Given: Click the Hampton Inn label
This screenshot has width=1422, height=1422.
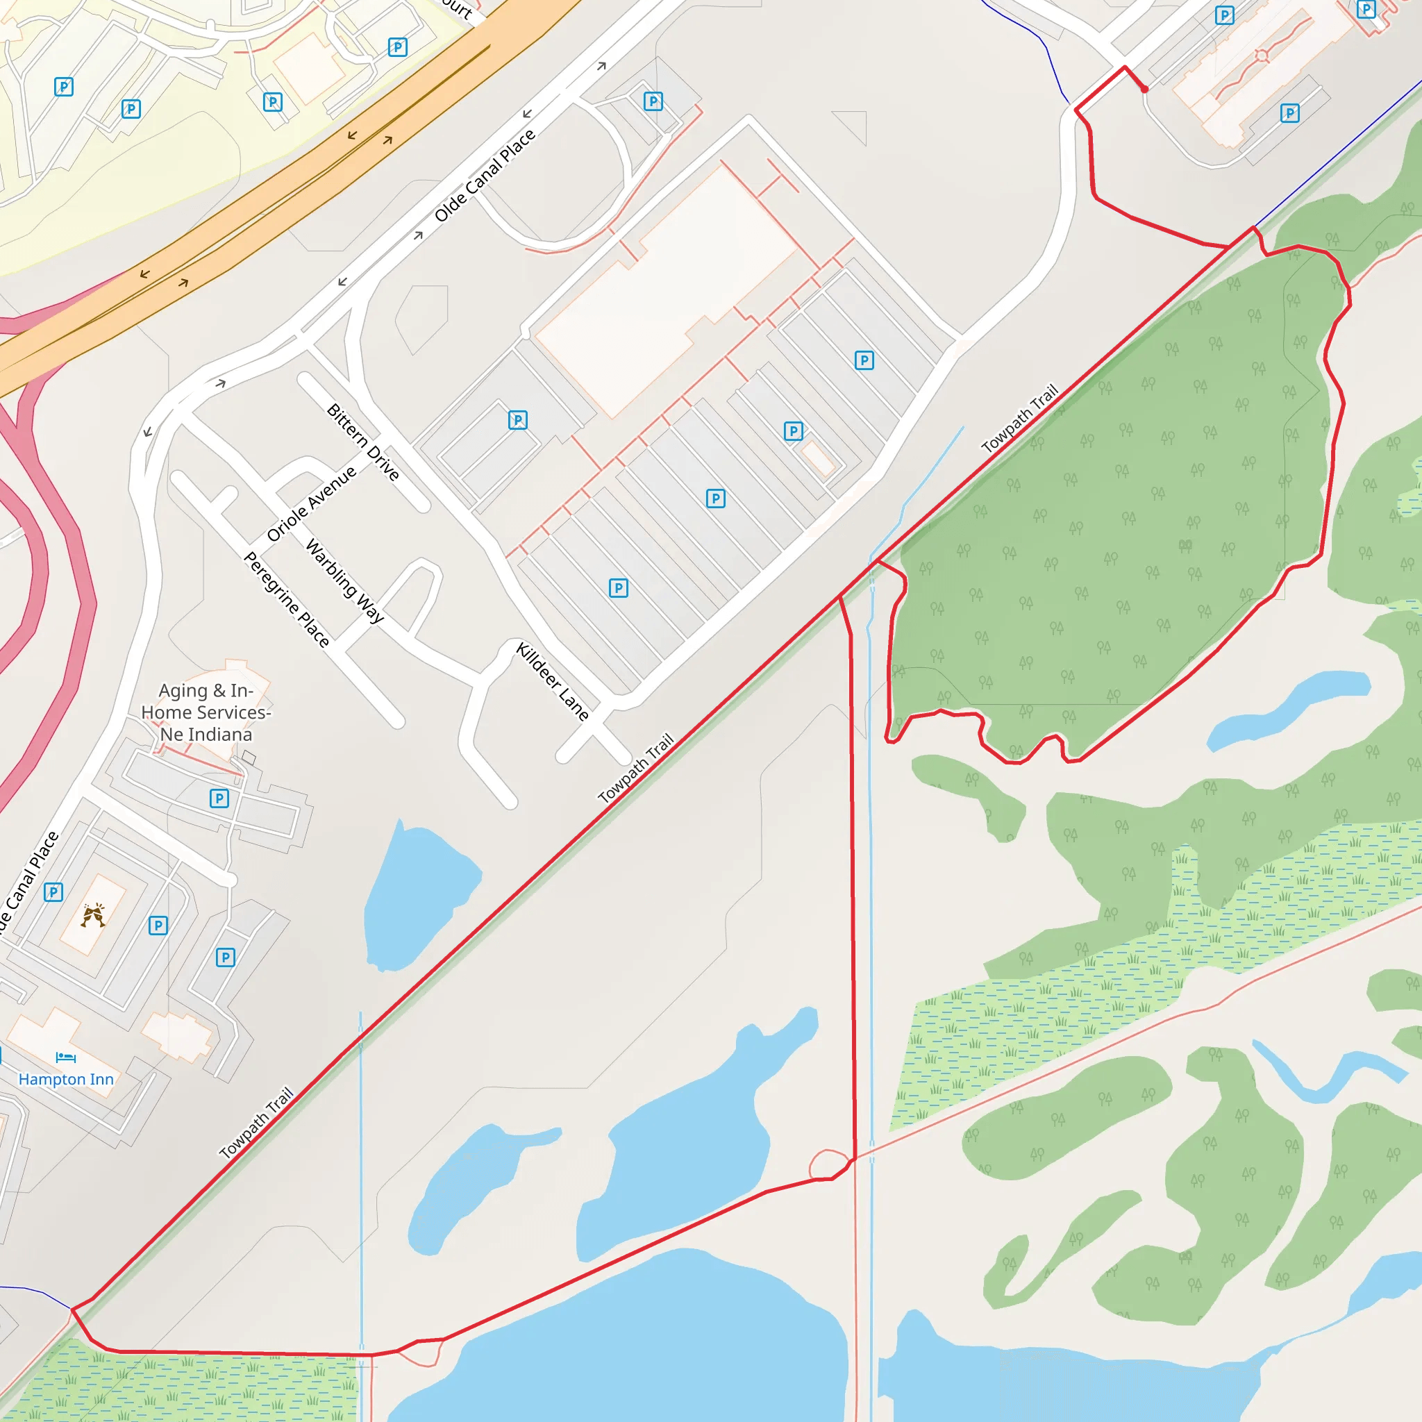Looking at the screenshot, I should (x=66, y=1079).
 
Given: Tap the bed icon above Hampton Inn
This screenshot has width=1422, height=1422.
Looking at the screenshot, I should (x=65, y=1057).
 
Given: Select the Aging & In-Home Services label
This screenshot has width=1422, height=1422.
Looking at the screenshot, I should (x=206, y=712).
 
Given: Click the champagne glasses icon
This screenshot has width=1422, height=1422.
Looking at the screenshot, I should (x=93, y=915).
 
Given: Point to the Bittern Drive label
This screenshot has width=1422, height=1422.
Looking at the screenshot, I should (x=363, y=442).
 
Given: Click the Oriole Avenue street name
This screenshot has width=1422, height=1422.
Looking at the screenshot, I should (x=311, y=503).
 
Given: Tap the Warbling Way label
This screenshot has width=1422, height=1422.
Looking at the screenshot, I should (x=344, y=580).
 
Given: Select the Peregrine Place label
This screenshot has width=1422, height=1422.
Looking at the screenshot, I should (x=286, y=599).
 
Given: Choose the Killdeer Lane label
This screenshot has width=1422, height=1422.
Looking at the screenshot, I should (x=553, y=681).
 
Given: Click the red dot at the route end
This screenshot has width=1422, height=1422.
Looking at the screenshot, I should (x=1144, y=90).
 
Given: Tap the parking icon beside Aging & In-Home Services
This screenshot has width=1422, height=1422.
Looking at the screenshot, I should (x=219, y=798).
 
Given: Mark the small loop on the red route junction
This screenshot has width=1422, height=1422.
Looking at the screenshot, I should (x=829, y=1164).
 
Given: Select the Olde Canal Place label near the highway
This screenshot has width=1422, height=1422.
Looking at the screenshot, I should (x=485, y=175).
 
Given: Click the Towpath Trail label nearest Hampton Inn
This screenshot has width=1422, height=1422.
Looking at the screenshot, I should (x=257, y=1123).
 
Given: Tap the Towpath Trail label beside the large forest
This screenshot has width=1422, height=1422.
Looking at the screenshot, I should (x=1020, y=418).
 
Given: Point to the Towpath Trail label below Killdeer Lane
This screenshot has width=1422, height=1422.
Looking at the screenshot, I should (x=636, y=768).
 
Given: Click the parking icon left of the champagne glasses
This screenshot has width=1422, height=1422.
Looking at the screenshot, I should (x=53, y=892).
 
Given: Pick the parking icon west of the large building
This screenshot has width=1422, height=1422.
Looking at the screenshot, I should (x=518, y=419).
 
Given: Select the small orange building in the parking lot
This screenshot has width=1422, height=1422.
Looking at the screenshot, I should (x=818, y=459).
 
